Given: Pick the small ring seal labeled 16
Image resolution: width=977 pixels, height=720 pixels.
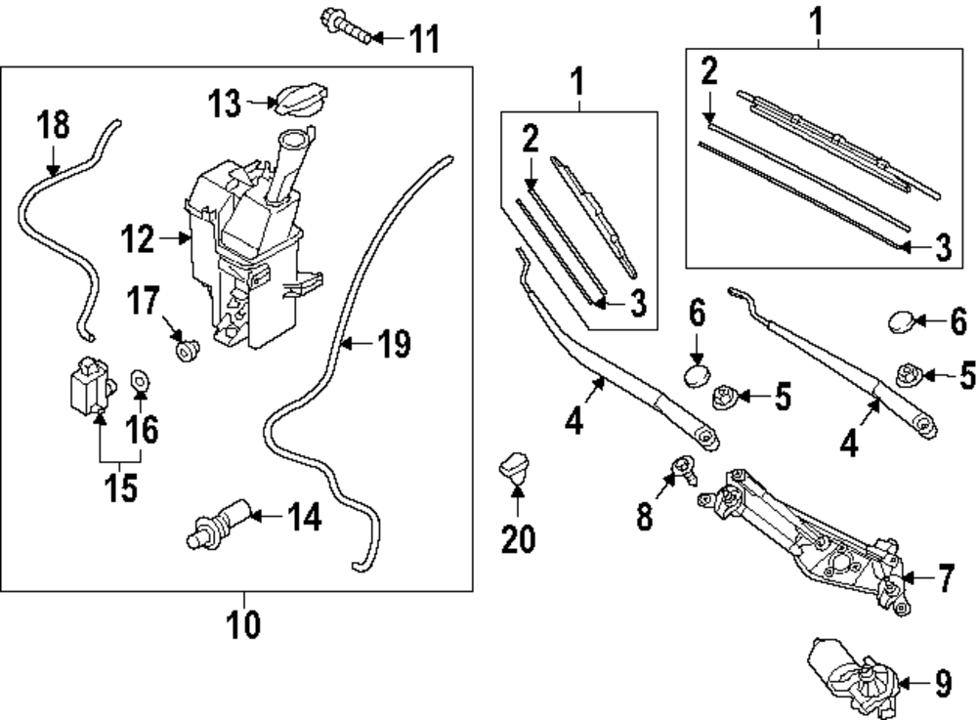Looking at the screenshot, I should (x=139, y=379).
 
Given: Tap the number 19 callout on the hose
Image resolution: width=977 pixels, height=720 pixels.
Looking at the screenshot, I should (x=395, y=344).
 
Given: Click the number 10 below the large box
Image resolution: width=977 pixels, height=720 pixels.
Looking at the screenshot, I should (x=244, y=623).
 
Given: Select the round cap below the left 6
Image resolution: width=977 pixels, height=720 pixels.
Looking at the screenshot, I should (x=696, y=377).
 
